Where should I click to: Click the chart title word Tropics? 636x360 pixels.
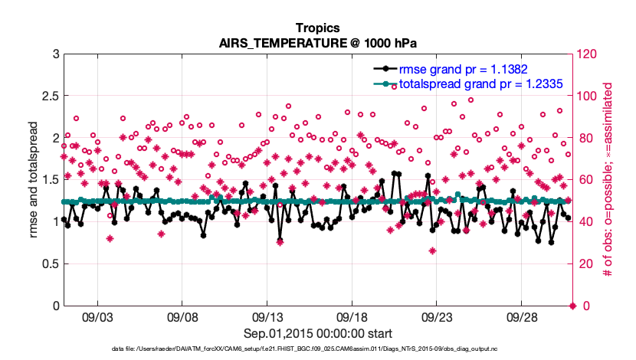(x=318, y=28)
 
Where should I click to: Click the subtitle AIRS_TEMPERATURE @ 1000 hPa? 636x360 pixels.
(x=318, y=43)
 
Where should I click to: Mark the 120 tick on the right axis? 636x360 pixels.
(x=588, y=54)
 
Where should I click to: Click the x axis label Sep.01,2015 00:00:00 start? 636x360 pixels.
(x=318, y=333)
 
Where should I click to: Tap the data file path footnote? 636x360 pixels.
(x=318, y=349)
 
